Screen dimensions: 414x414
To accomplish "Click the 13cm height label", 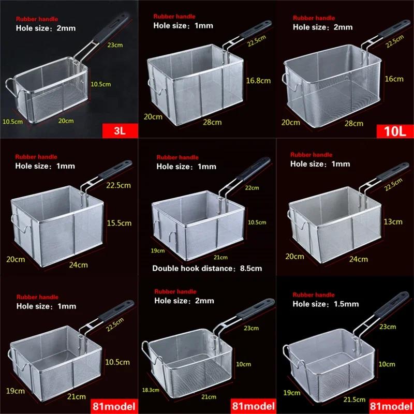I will tap(393, 222).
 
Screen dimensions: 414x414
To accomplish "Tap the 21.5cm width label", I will tap(355, 400).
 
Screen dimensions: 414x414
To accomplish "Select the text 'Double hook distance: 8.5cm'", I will tap(207, 268).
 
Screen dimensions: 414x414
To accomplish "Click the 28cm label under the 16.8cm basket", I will tap(212, 123).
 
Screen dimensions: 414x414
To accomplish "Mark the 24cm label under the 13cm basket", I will tap(358, 258).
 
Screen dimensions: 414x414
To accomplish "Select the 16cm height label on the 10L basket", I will tap(394, 79).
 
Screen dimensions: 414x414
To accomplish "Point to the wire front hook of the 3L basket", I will tap(9, 86).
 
